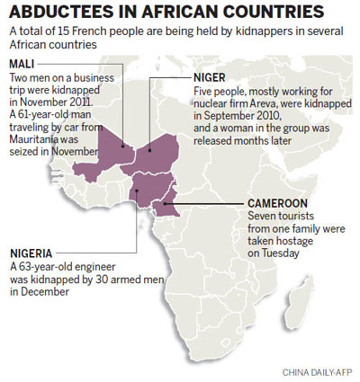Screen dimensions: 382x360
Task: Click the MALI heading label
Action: point(22,64)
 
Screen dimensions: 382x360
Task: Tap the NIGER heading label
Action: point(211,78)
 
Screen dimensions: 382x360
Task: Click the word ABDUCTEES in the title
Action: point(58,13)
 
